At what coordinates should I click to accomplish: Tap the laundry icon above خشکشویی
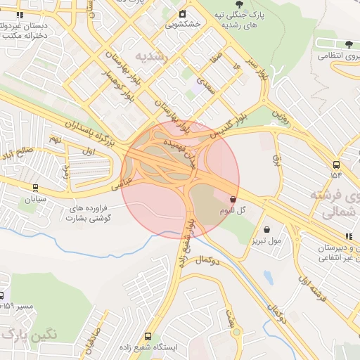click(183, 13)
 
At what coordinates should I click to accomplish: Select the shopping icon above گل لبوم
click(233, 199)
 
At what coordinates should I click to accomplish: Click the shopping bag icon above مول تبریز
click(266, 229)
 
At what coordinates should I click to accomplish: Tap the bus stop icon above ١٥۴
click(336, 164)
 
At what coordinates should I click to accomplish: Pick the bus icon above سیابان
click(35, 188)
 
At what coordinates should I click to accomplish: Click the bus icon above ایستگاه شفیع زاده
click(148, 336)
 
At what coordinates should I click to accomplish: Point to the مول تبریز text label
click(265, 241)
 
